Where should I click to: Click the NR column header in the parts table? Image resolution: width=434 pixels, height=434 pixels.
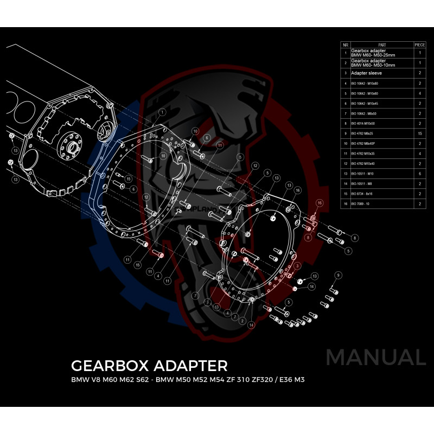tap(346, 44)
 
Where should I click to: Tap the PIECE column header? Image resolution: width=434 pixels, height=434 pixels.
tap(419, 44)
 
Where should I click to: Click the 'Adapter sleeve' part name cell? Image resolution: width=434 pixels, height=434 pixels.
tap(364, 73)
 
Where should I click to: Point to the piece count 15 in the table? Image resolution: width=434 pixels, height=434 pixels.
tap(419, 133)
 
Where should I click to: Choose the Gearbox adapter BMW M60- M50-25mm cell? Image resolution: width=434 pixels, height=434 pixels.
tap(374, 53)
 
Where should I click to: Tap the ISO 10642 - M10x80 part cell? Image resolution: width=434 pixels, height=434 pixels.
tap(363, 84)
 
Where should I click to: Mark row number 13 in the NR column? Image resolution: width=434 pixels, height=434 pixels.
tap(346, 173)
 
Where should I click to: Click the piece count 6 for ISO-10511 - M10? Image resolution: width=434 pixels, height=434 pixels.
tap(419, 173)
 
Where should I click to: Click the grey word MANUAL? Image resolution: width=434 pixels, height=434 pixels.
tap(375, 358)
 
